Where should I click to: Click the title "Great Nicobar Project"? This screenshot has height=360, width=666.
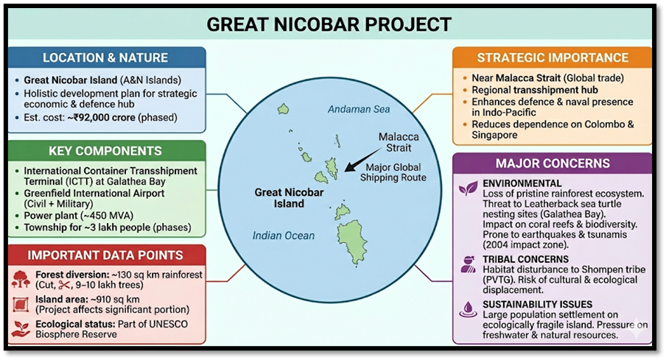point(329,24)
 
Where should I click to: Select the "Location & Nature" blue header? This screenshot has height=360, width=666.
point(105,58)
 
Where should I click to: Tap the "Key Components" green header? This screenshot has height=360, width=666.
point(105,151)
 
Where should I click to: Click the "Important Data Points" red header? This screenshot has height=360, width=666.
point(105,255)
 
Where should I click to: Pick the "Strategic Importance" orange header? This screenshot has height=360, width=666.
point(553,57)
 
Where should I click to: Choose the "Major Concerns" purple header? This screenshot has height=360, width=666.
point(553,163)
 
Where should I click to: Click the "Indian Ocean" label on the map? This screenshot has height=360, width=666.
point(283,236)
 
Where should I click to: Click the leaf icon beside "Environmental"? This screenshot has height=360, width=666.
point(468,189)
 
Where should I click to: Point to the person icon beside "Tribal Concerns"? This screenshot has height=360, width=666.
point(468,264)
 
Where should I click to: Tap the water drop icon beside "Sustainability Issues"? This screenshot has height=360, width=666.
point(468,309)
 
